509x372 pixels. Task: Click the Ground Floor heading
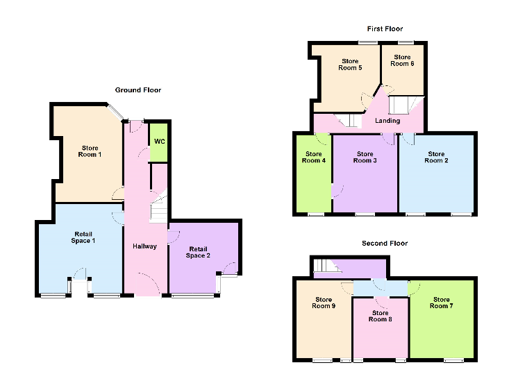pyautogui.click(x=138, y=90)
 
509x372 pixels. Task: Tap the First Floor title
pyautogui.click(x=385, y=29)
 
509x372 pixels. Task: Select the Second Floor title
pyautogui.click(x=385, y=243)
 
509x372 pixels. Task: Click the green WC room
pyautogui.click(x=159, y=142)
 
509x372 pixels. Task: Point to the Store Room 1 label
pyautogui.click(x=90, y=151)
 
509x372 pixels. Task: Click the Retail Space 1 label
pyautogui.click(x=83, y=237)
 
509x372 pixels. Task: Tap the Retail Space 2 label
pyautogui.click(x=198, y=253)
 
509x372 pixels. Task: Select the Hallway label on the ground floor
pyautogui.click(x=144, y=246)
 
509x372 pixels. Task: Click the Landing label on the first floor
pyautogui.click(x=387, y=121)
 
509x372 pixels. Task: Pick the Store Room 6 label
pyautogui.click(x=402, y=60)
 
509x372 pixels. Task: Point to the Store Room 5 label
pyautogui.click(x=350, y=65)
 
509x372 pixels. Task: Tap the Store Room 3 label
pyautogui.click(x=365, y=158)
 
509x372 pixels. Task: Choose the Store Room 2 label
pyautogui.click(x=436, y=158)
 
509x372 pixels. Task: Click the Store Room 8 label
pyautogui.click(x=380, y=316)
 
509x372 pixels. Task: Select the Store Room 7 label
pyautogui.click(x=442, y=303)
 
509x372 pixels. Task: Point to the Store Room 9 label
pyautogui.click(x=324, y=303)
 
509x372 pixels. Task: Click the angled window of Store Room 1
pyautogui.click(x=115, y=112)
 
